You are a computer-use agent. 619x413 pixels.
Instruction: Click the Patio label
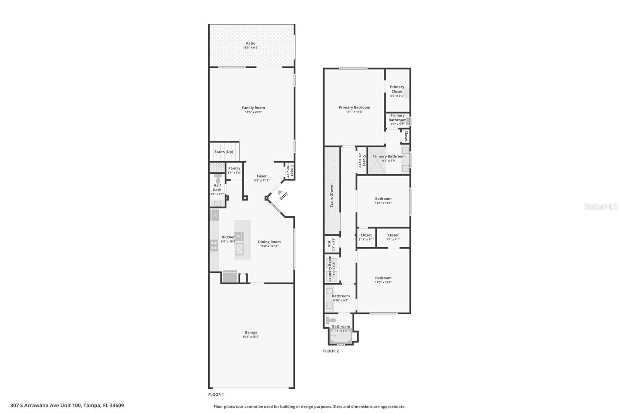coord(251,43)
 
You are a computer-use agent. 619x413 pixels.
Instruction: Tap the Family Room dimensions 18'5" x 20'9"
coord(253,112)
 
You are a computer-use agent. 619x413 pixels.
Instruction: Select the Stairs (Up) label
coord(224,152)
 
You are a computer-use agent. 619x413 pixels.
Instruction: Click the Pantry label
coord(234,168)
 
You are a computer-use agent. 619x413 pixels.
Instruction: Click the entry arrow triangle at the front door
coord(280,192)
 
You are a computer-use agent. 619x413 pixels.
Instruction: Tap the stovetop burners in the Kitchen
coord(214,245)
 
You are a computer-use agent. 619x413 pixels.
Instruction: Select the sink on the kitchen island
coord(239,249)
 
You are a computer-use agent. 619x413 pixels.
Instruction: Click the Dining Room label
coord(269,242)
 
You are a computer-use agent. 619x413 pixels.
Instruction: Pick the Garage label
coord(251,332)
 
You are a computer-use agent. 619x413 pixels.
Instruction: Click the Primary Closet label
coord(397,89)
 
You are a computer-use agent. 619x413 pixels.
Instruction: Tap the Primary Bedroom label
coord(354,107)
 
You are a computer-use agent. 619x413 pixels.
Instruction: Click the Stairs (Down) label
coord(332,195)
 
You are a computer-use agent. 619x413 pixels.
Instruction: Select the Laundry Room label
coord(330,268)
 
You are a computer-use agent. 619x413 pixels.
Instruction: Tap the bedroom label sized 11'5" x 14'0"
coord(383,278)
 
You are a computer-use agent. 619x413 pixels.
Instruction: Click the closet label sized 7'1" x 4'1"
coord(393,235)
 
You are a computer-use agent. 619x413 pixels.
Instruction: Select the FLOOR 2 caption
coord(331,351)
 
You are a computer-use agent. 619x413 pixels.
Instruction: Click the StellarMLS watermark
coord(600,206)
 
